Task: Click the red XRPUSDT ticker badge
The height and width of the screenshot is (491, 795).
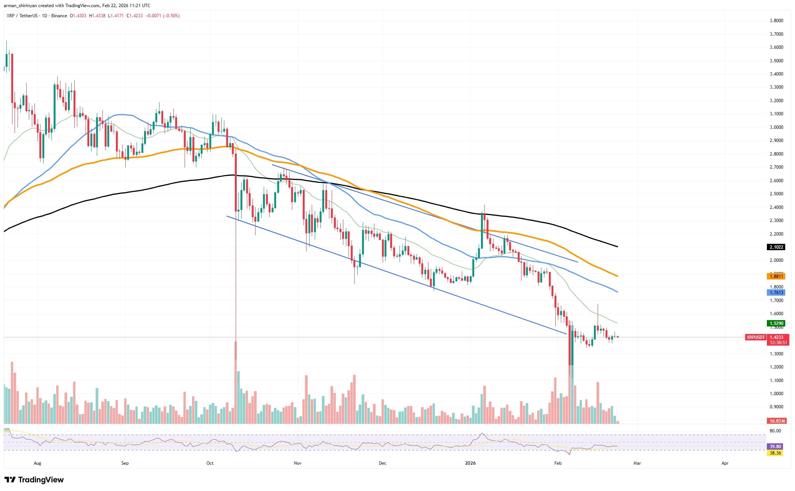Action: pos(755,337)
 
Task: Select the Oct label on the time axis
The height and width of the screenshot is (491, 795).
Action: pos(210,463)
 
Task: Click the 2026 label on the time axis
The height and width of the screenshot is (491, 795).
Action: pos(470,463)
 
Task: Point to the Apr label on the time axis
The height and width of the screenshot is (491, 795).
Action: pos(725,463)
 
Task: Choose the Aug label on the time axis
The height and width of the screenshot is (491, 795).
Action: pos(37,463)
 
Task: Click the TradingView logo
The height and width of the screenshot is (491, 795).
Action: pos(34,480)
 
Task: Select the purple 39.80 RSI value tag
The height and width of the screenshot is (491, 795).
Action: pos(775,446)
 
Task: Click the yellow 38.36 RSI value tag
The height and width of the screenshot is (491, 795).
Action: pos(775,453)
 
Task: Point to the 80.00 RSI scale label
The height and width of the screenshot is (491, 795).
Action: pos(775,431)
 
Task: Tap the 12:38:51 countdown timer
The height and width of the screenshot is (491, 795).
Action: pos(778,343)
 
